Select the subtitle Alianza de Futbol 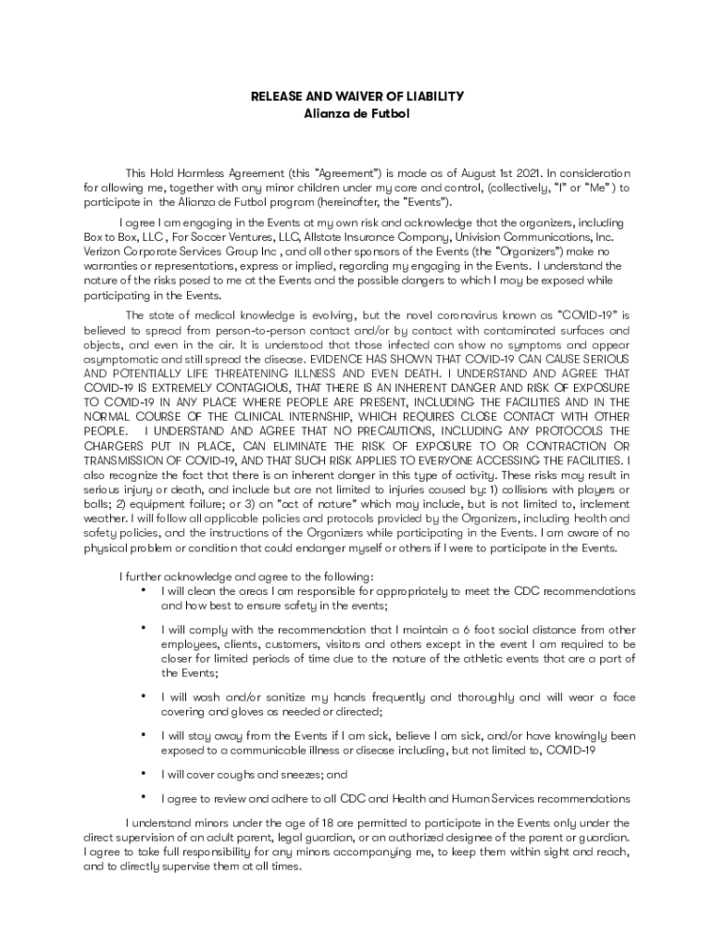356,113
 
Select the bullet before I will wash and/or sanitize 144,695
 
